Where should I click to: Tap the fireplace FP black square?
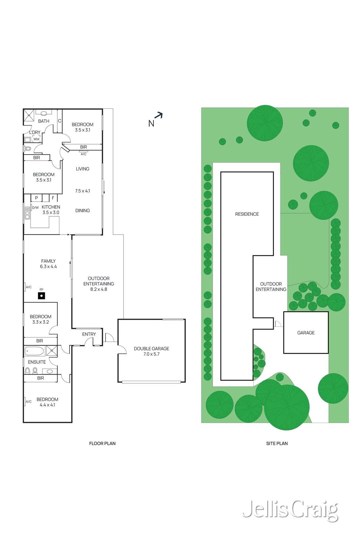tap(41, 296)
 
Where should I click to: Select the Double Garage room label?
tap(151, 351)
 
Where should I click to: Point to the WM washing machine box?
tap(36, 139)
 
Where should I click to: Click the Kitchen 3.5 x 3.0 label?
tap(51, 210)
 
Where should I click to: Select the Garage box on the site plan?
tap(306, 332)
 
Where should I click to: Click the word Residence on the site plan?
tap(247, 214)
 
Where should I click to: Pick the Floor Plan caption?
tap(102, 443)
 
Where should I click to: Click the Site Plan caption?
tap(277, 443)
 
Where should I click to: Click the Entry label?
tap(89, 334)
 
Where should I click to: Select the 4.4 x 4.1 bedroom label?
tap(47, 402)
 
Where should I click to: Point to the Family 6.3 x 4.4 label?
tap(48, 264)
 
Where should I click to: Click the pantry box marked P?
tap(36, 198)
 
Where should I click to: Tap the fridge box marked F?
tap(53, 198)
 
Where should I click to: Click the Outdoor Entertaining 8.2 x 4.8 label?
tap(99, 283)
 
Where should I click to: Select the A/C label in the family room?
tap(29, 287)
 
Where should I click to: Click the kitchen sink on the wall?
tap(27, 213)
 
